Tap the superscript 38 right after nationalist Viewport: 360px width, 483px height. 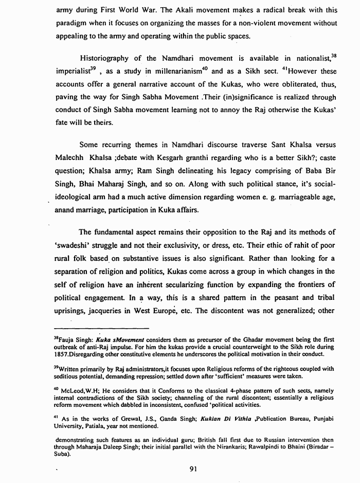click(x=334, y=55)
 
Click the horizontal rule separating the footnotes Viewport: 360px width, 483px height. click(x=101, y=328)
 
